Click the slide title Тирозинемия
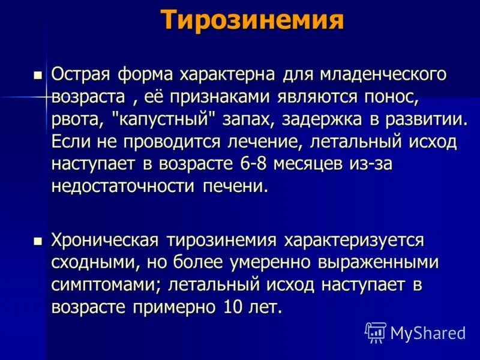(x=253, y=21)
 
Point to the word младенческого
(x=384, y=74)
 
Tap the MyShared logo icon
(x=376, y=332)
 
